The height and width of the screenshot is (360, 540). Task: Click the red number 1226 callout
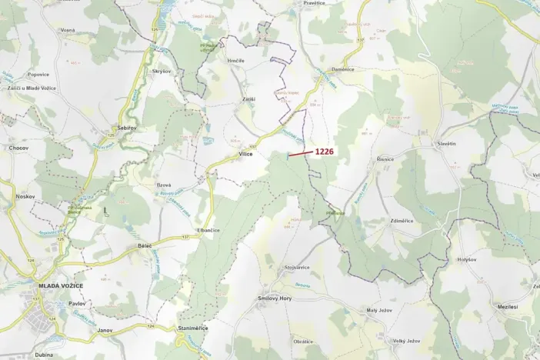click(324, 152)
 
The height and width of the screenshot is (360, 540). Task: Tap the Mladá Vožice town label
click(60, 286)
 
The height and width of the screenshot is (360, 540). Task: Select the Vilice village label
click(245, 154)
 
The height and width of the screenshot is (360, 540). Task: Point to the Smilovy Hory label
click(274, 298)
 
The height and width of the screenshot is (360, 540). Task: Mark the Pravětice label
click(315, 3)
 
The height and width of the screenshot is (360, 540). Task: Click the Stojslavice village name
click(297, 267)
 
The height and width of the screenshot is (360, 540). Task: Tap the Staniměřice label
click(192, 328)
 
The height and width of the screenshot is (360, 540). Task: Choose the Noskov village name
click(25, 196)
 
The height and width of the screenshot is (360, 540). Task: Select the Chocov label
click(18, 147)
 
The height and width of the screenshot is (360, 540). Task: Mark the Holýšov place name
click(467, 261)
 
